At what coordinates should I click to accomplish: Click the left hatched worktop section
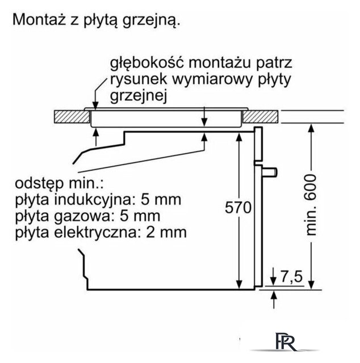pos(71,117)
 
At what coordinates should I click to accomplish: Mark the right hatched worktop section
pos(262,117)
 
